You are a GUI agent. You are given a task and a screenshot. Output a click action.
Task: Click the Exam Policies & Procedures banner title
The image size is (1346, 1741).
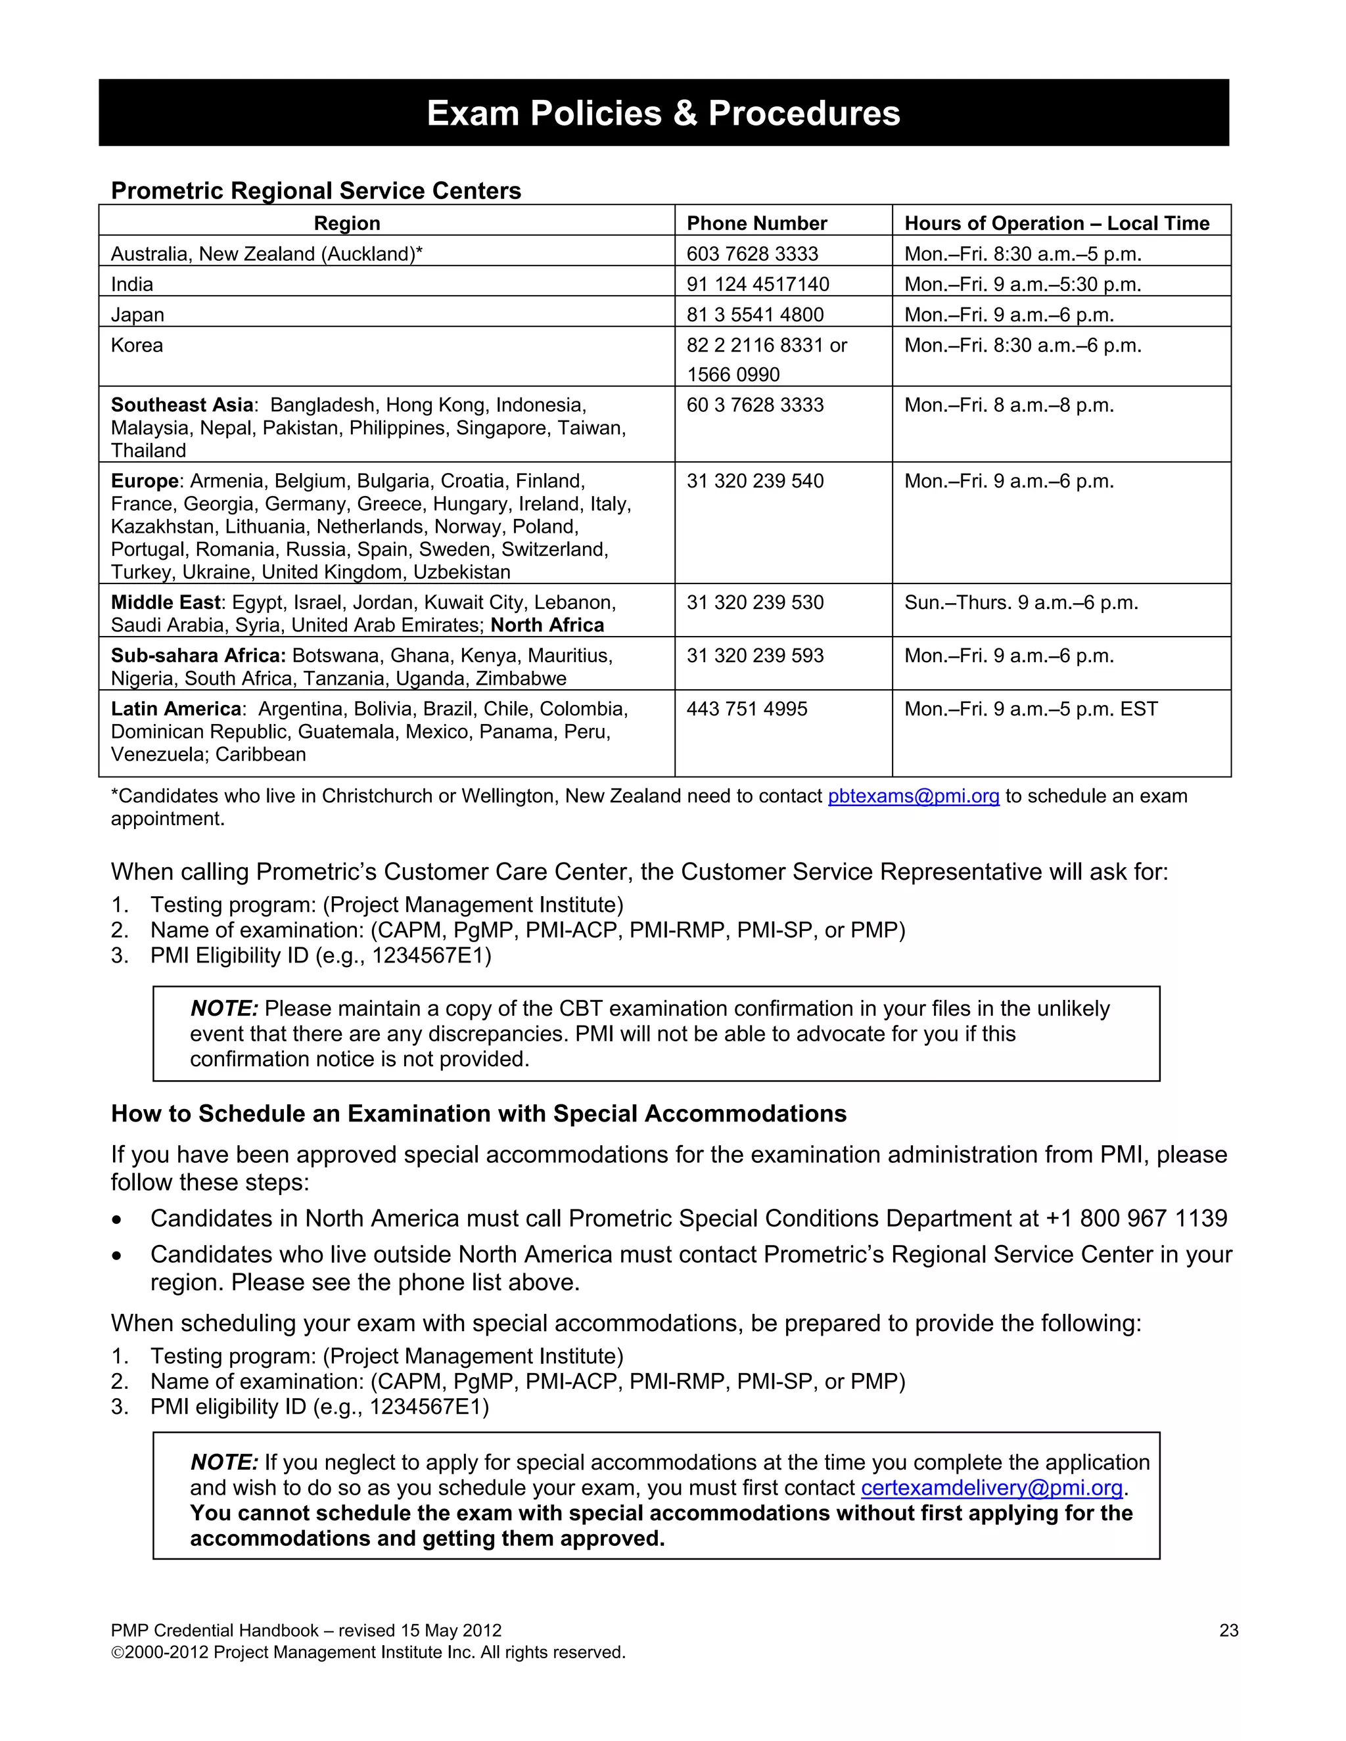[662, 113]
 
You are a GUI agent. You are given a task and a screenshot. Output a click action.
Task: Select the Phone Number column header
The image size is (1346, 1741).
[756, 223]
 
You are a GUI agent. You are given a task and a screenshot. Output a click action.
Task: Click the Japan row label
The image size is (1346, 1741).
[137, 315]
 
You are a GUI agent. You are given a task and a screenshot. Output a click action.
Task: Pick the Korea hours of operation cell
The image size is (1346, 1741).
[1021, 345]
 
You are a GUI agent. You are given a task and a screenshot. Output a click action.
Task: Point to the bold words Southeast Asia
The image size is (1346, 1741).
[182, 405]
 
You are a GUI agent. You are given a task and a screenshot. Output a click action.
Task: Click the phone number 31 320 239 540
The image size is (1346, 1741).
[754, 481]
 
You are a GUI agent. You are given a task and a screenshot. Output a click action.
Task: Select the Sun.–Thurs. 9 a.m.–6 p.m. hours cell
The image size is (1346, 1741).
[1021, 602]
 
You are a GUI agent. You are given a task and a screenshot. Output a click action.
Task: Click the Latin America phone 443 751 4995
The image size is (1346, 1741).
[747, 709]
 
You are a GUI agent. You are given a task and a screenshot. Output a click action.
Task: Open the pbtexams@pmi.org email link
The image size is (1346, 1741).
[913, 796]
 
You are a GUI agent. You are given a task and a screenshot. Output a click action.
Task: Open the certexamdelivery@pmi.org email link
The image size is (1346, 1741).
[991, 1487]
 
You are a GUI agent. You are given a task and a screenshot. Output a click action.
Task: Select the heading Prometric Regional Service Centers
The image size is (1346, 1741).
[315, 191]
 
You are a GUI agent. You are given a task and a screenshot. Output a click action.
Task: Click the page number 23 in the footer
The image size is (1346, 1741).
[1228, 1630]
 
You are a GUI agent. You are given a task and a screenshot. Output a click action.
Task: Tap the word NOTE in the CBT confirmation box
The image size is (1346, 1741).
[224, 1008]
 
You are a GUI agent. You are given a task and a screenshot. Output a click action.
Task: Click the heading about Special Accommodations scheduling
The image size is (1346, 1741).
[478, 1114]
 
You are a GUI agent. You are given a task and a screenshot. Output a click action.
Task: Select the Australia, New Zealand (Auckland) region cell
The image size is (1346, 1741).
[266, 254]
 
